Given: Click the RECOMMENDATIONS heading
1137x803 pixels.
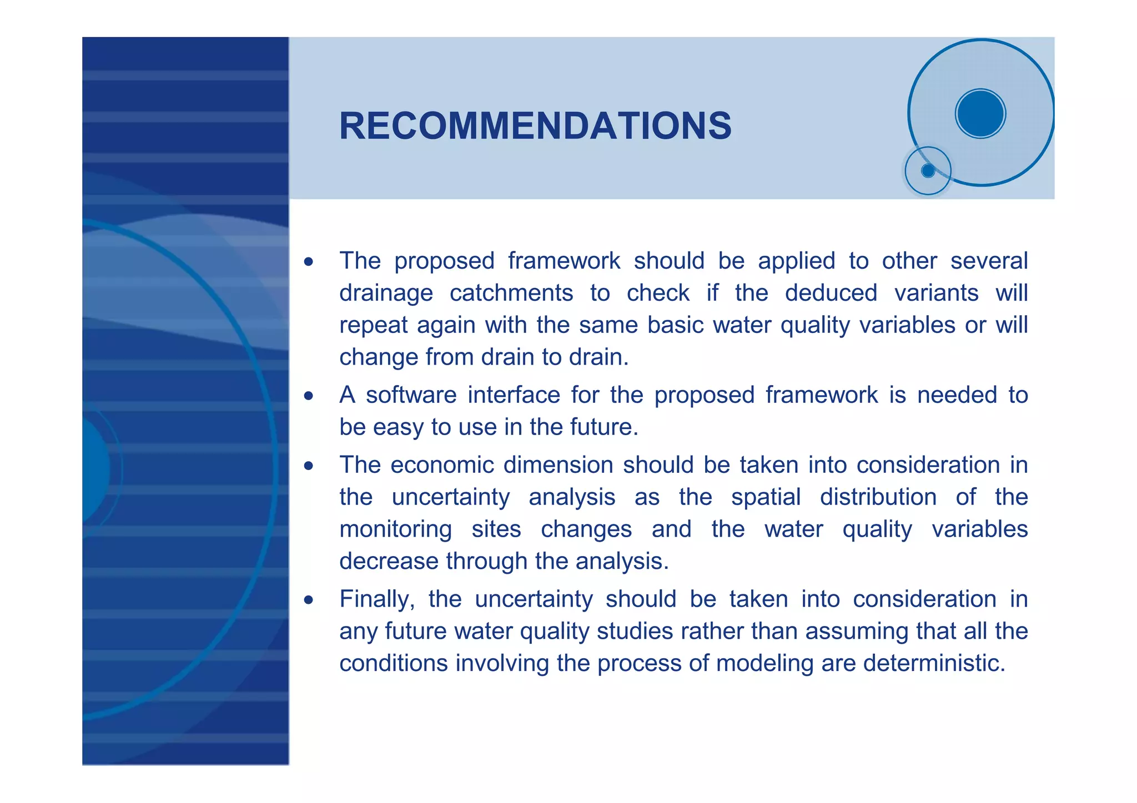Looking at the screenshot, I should pyautogui.click(x=535, y=126).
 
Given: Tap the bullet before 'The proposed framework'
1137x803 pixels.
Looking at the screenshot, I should pyautogui.click(x=309, y=261).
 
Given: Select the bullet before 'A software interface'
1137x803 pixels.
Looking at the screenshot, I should pyautogui.click(x=309, y=396).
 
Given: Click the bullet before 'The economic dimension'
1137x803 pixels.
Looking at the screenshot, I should pyautogui.click(x=309, y=466).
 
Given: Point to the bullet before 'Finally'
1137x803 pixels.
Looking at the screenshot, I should pyautogui.click(x=309, y=600).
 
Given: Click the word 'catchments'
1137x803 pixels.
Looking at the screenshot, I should pyautogui.click(x=511, y=293).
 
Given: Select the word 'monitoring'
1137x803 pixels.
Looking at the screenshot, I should pyautogui.click(x=395, y=529).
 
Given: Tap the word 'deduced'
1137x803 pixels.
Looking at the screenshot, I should pyautogui.click(x=831, y=293).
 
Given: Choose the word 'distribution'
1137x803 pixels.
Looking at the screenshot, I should pyautogui.click(x=878, y=497).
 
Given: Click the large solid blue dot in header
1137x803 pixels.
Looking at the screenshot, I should pyautogui.click(x=980, y=113).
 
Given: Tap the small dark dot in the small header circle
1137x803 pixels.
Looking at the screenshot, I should pyautogui.click(x=928, y=170).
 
